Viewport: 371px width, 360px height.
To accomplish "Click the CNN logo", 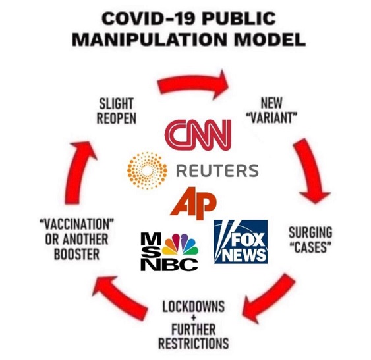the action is pos(198,134).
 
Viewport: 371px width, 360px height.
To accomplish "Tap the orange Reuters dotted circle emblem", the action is pos(147,170).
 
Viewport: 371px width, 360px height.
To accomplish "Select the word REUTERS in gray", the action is pos(217,170).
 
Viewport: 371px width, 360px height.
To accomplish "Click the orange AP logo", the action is pos(193,203).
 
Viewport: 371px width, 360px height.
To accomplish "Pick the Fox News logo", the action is pos(241,242).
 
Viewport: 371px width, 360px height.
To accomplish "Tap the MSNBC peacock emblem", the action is pos(181,244).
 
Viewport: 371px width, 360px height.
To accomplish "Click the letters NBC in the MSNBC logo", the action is pos(169,265).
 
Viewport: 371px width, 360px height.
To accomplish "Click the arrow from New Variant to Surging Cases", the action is pos(310,170).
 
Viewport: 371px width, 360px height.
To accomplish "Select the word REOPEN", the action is pos(117,118).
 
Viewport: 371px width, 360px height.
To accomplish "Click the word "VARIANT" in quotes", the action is pos(271,116).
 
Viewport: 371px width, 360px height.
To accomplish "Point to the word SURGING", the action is pos(310,232).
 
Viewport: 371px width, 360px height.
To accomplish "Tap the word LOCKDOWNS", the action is pos(194,306).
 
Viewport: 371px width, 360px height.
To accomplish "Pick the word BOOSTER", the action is pos(76,254).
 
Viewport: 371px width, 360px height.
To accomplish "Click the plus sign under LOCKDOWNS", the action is pos(194,318).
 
